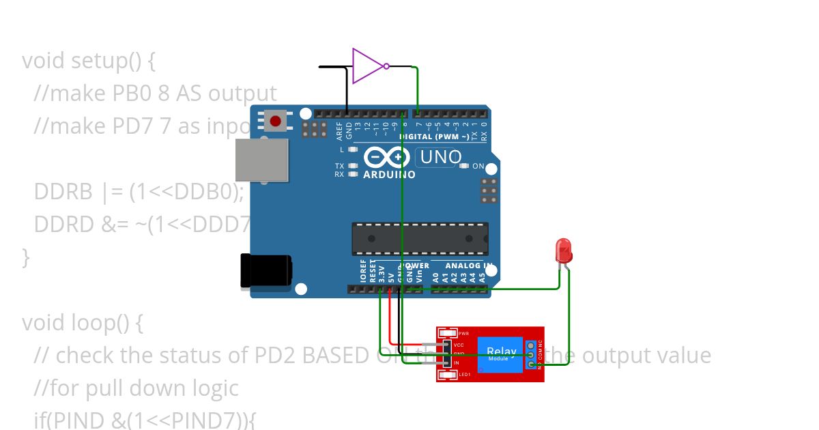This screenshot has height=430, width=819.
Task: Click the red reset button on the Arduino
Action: point(275,121)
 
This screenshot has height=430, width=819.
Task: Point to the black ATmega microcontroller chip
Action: point(419,239)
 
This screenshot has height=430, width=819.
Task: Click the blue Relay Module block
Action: point(500,355)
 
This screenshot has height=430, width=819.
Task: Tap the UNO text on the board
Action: point(440,158)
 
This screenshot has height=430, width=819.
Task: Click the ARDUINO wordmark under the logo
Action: point(390,175)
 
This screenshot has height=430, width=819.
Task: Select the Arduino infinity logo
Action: point(388,157)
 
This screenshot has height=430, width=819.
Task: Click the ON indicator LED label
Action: point(478,166)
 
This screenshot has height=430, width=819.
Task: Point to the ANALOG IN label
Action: point(468,266)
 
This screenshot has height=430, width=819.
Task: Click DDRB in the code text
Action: point(63,192)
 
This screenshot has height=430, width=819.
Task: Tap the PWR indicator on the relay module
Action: point(448,334)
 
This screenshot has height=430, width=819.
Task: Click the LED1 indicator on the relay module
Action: point(448,375)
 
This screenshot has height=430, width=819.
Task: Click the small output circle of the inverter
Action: point(386,66)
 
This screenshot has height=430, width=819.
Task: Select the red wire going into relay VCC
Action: point(390,321)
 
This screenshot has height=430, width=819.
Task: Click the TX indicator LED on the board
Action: point(352,166)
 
